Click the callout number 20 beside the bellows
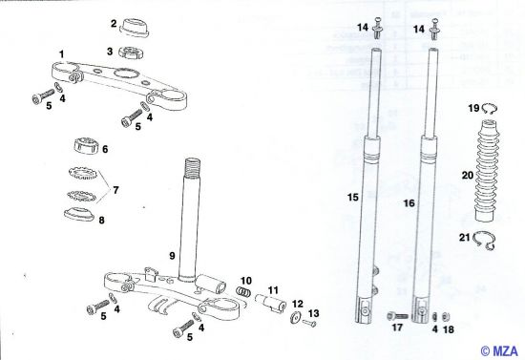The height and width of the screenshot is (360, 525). point(468,176)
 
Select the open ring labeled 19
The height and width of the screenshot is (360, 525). point(488,109)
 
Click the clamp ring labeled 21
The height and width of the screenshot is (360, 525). point(487,244)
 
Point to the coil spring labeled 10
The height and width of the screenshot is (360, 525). point(244,289)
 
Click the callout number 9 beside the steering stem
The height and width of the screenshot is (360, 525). point(171,256)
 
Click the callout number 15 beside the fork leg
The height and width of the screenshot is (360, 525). point(352,198)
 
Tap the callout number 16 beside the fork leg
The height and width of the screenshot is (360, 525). point(408,202)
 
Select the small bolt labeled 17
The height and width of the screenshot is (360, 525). point(398,314)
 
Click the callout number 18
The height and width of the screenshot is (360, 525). point(450,329)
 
